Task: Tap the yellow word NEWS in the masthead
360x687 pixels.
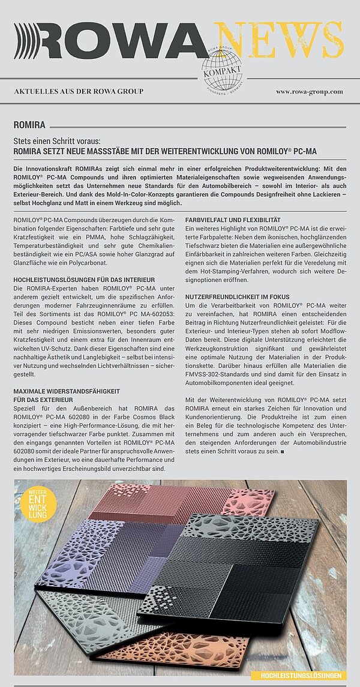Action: coord(278,41)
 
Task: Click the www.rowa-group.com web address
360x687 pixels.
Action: coord(309,91)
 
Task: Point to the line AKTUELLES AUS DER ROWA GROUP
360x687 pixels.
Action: coord(79,91)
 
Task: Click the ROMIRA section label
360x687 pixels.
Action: coord(29,125)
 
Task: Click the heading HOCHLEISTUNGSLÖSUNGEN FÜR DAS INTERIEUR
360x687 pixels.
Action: coord(84,280)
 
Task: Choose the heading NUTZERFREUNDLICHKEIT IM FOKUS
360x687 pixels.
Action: coord(238,297)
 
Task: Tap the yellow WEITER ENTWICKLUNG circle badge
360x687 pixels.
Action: coord(37,503)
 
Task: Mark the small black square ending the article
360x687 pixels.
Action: coord(282,451)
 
